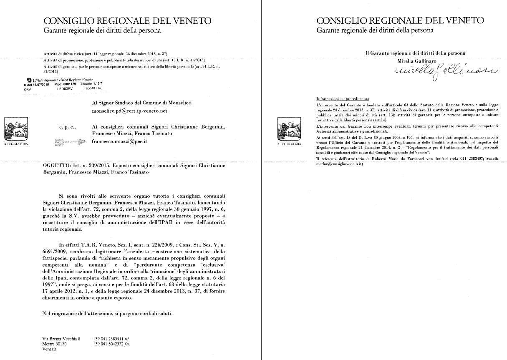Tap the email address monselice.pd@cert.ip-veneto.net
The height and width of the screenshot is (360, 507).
tap(129, 111)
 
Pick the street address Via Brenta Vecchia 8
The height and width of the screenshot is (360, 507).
tap(61, 338)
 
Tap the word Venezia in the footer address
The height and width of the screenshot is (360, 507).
tap(50, 349)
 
